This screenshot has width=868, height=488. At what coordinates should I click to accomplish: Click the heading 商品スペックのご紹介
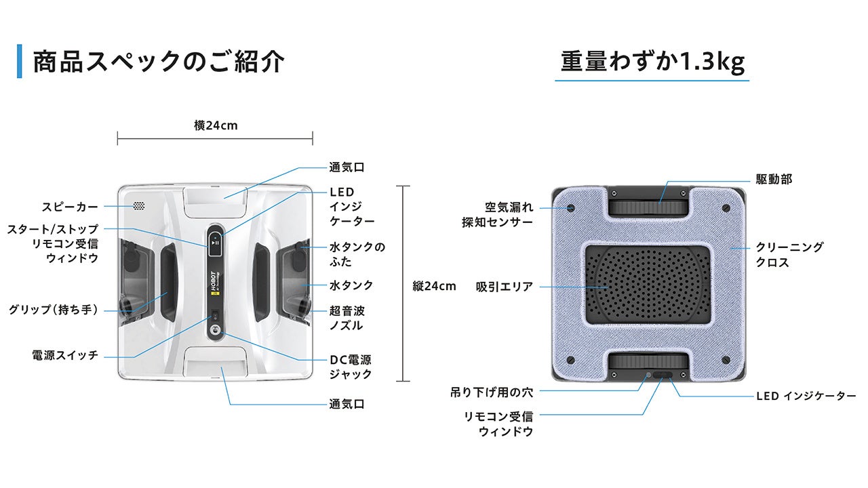point(158,62)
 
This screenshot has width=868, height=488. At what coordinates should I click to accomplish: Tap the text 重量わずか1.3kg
point(652,62)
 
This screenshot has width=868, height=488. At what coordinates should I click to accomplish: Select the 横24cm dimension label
point(216,125)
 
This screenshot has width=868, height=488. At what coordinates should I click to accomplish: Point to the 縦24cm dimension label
point(434,286)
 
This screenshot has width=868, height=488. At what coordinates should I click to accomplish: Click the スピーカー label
point(70,207)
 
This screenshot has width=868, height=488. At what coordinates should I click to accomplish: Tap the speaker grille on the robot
point(140,205)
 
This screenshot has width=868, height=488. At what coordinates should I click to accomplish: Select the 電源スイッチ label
point(65,354)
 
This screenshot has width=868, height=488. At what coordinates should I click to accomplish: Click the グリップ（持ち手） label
point(54,310)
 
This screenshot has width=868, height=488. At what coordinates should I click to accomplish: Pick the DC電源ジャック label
point(351,367)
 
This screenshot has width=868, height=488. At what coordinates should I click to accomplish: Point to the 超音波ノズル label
point(347,318)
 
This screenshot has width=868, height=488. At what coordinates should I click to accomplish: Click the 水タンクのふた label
point(357,254)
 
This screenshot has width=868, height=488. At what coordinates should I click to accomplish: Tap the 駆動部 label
point(774,180)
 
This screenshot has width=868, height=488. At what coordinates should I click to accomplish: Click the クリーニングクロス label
point(789,255)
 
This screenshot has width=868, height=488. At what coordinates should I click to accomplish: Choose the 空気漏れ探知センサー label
point(498,214)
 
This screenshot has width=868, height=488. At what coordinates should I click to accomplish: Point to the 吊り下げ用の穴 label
point(492,392)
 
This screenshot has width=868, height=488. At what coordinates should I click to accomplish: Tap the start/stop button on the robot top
point(214,241)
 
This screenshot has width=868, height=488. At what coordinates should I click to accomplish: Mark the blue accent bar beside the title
point(20,61)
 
